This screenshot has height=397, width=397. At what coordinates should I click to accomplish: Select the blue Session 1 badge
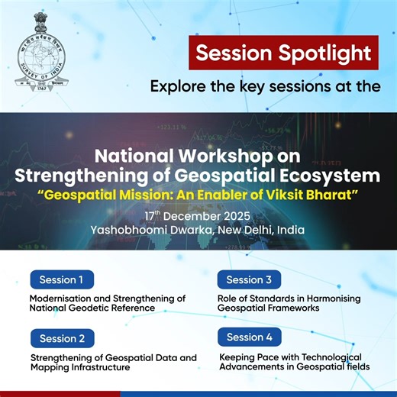pyautogui.click(x=62, y=279)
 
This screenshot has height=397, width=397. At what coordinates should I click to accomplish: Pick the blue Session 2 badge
pyautogui.click(x=62, y=338)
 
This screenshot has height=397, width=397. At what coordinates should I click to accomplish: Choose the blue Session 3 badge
pyautogui.click(x=249, y=279)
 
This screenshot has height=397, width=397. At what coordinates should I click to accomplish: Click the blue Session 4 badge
pyautogui.click(x=249, y=337)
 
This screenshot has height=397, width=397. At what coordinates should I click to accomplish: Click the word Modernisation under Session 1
pyautogui.click(x=65, y=298)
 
